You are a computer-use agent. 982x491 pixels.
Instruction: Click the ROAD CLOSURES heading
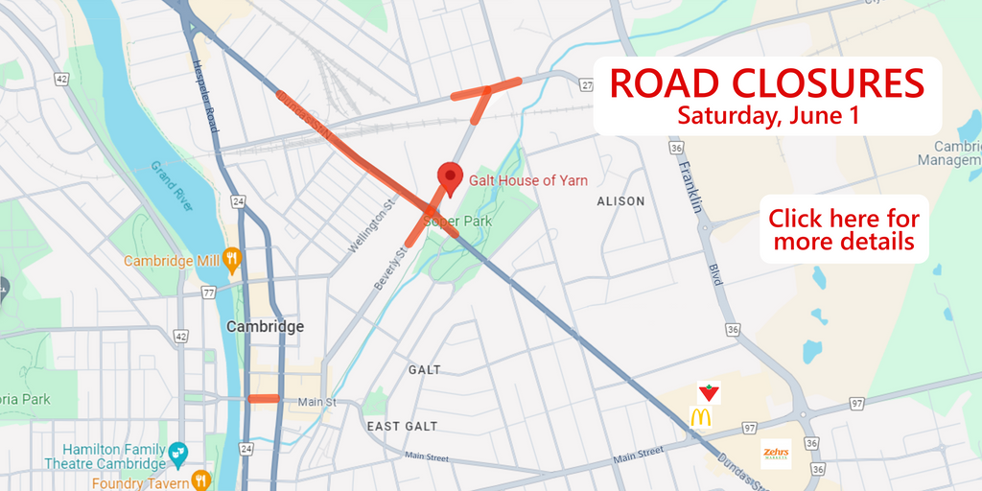(x=766, y=84)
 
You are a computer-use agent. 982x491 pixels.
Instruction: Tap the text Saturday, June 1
(x=766, y=116)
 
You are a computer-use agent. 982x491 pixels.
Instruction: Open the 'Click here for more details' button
(x=844, y=229)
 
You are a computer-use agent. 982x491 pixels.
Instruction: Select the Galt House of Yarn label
(x=528, y=180)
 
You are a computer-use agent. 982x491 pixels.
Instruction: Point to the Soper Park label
(x=465, y=222)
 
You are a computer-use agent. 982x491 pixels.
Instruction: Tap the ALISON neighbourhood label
(x=620, y=201)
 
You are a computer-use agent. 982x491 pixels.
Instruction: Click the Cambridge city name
(x=265, y=326)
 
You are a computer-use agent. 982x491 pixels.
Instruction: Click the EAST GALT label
(x=402, y=426)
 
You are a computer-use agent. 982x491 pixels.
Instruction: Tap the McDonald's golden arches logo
(x=700, y=417)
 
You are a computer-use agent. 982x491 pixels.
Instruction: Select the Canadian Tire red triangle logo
(x=709, y=391)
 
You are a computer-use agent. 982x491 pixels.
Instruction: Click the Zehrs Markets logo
(x=775, y=454)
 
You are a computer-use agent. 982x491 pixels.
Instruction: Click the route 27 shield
(x=587, y=86)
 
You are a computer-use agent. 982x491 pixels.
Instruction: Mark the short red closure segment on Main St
(x=263, y=399)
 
